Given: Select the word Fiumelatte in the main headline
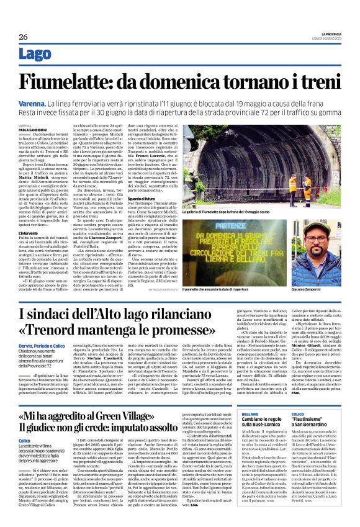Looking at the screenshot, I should (x=81, y=82).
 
